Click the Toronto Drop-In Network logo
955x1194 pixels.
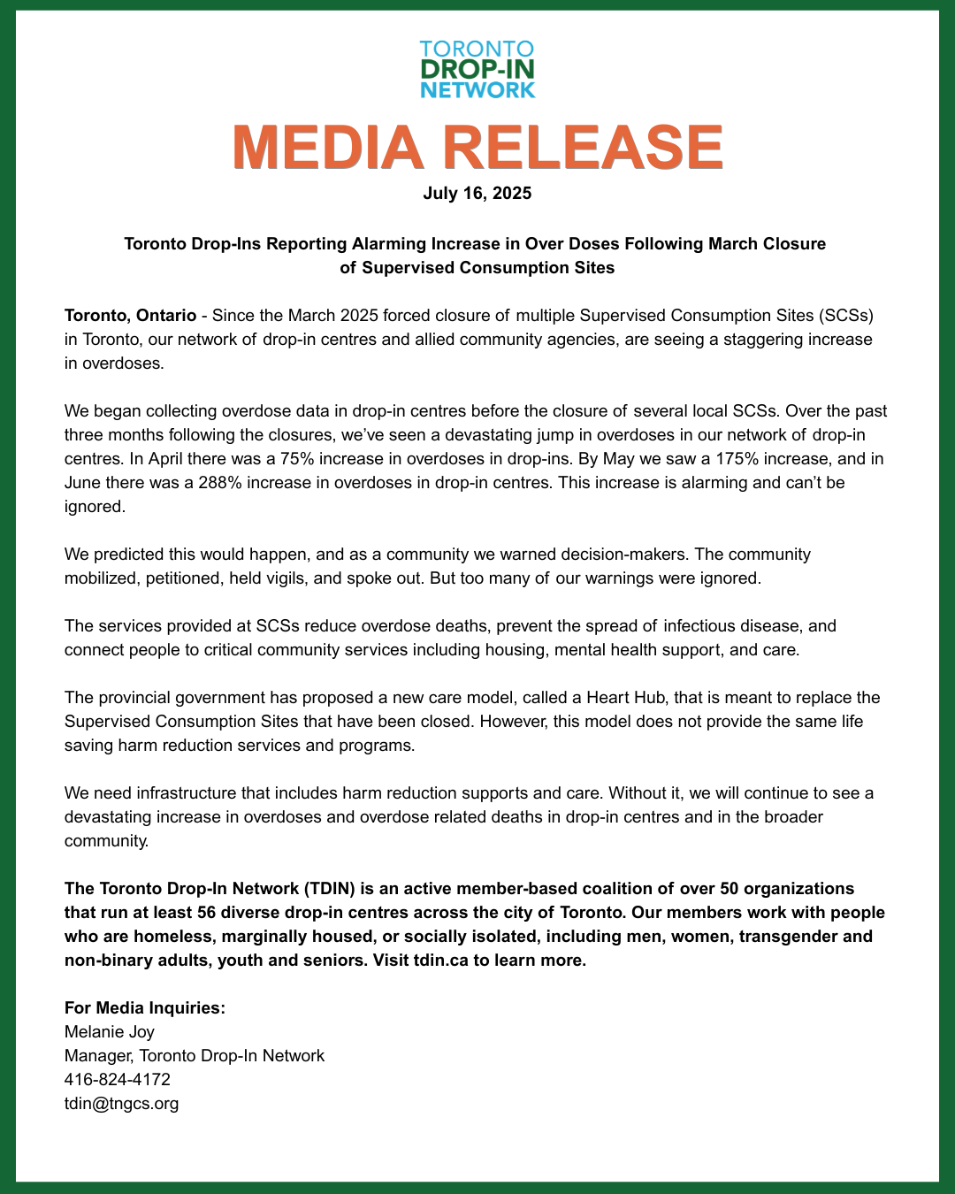pyautogui.click(x=477, y=69)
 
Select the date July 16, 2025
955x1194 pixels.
pyautogui.click(x=477, y=193)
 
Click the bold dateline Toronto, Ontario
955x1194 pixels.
pyautogui.click(x=130, y=316)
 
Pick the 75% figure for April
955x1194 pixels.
pyautogui.click(x=293, y=459)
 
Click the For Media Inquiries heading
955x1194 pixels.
pyautogui.click(x=145, y=1007)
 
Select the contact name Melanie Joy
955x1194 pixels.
pyautogui.click(x=110, y=1031)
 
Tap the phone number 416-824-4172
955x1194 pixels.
pyautogui.click(x=118, y=1079)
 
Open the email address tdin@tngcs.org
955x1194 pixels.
pyautogui.click(x=122, y=1103)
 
